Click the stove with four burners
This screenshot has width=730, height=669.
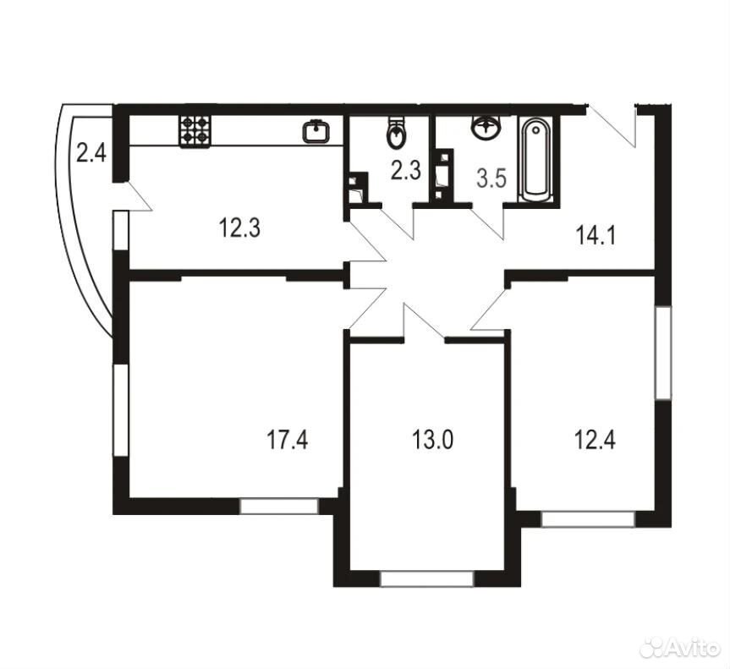[x=195, y=131]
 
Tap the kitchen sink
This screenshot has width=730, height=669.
[x=316, y=131]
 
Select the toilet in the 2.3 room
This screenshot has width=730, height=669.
[x=396, y=132]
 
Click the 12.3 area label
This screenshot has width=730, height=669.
[x=239, y=228]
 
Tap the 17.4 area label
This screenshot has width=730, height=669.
[x=288, y=440]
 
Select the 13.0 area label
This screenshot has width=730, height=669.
[x=432, y=440]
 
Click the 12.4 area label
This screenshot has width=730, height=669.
[x=596, y=440]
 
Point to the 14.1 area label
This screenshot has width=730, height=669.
[x=596, y=236]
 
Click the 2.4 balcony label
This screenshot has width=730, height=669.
[x=91, y=153]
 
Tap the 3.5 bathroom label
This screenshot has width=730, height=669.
[x=491, y=178]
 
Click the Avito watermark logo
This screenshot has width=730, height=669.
[x=679, y=648]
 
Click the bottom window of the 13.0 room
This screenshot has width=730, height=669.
[x=427, y=579]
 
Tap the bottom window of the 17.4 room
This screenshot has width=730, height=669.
[x=279, y=506]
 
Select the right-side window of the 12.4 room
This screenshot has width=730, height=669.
[x=663, y=353]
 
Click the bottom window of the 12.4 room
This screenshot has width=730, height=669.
[x=589, y=519]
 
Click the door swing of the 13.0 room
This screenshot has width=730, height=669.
[x=423, y=322]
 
